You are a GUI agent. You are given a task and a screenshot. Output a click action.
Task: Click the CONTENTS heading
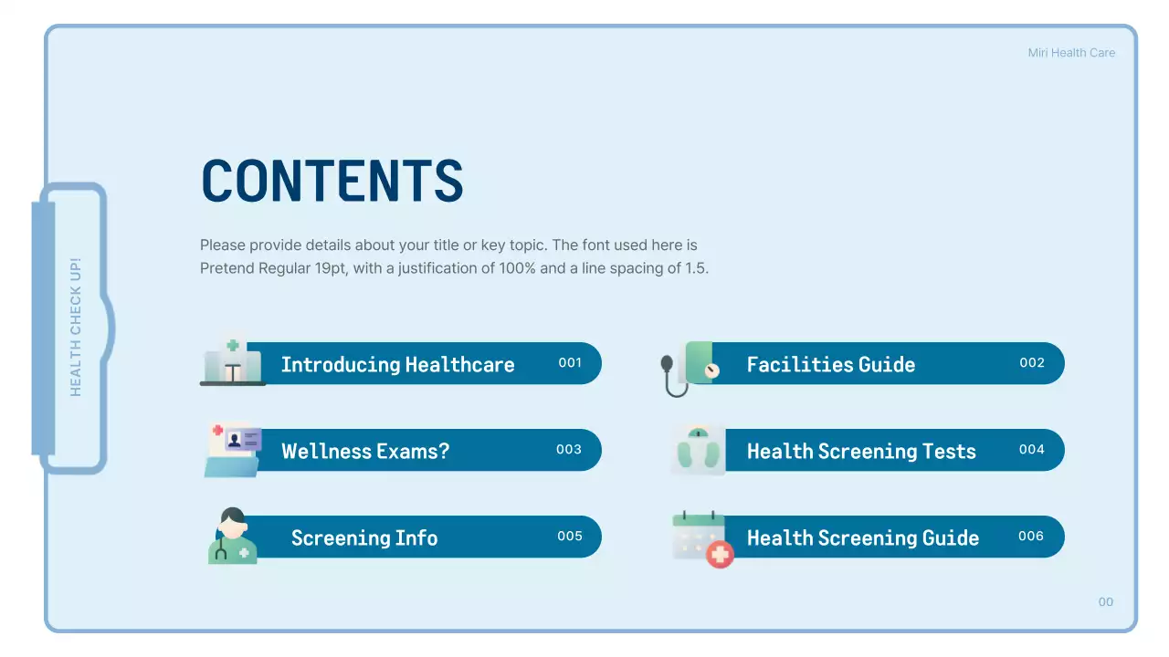[x=332, y=181]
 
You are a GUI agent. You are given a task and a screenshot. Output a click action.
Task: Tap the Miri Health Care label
[x=1071, y=53]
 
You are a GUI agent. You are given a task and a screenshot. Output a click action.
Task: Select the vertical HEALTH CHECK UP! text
[x=76, y=327]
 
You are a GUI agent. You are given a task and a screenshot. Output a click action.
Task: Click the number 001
[x=570, y=363]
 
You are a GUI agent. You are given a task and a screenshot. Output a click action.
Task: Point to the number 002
[x=1032, y=363]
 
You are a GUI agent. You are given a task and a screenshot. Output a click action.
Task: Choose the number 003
[x=569, y=450]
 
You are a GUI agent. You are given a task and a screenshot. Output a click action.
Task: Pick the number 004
[x=1032, y=450]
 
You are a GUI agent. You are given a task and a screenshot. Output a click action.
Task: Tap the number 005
[x=570, y=537]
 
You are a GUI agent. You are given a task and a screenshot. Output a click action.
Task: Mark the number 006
[x=1031, y=537]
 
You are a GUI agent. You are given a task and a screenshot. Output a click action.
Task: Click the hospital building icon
[x=232, y=359]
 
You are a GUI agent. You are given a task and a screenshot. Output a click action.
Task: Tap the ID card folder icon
[x=233, y=449]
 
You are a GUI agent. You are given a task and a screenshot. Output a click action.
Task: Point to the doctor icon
[x=232, y=537]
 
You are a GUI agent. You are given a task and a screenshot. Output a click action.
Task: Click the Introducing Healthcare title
[x=397, y=365]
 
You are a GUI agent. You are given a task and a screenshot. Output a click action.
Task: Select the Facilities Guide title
[x=830, y=365]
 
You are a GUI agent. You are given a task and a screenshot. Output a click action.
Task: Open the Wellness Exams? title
[x=365, y=452]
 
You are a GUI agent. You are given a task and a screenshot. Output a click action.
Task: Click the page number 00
[x=1106, y=602]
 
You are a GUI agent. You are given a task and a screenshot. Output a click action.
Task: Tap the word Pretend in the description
[x=226, y=269]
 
